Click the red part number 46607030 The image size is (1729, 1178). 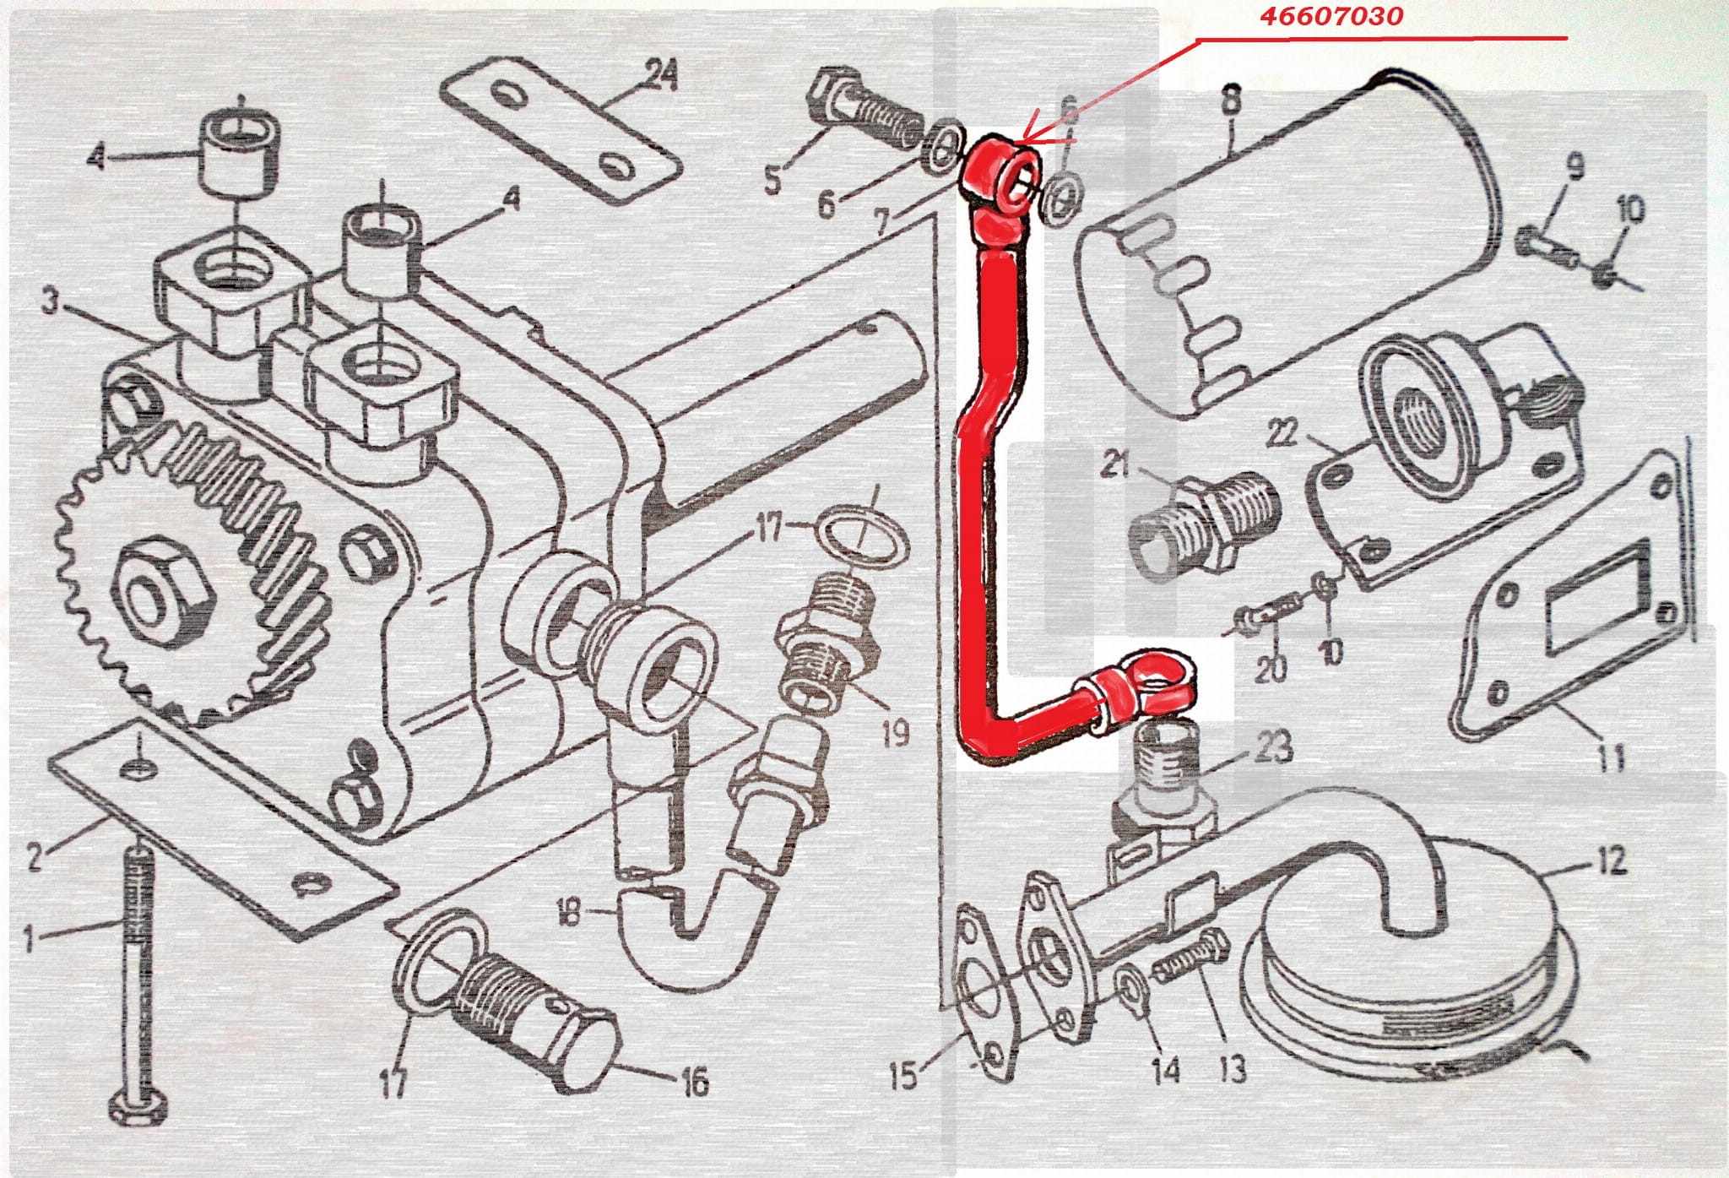pos(1331,15)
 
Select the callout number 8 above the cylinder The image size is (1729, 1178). pos(1231,100)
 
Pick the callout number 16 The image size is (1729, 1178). pos(694,1082)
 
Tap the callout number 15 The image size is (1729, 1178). pos(905,1075)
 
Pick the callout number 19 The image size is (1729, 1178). pos(894,732)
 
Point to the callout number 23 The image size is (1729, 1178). pos(1273,746)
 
